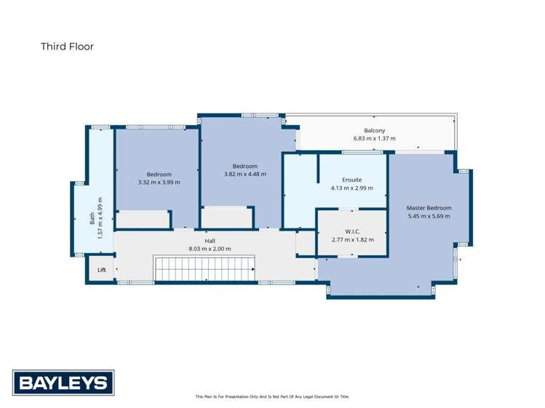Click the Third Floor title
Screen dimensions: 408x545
(x=67, y=47)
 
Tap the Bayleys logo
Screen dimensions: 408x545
(x=63, y=382)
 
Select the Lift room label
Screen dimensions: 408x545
(x=101, y=270)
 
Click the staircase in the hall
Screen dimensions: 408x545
(x=204, y=268)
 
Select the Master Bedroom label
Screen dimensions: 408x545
(x=429, y=208)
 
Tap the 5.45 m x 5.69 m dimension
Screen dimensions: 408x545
(x=429, y=216)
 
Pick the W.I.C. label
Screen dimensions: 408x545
(x=352, y=231)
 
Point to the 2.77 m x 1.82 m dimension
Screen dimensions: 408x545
(x=352, y=239)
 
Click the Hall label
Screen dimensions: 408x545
(x=210, y=241)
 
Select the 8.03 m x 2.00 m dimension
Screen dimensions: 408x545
(x=210, y=249)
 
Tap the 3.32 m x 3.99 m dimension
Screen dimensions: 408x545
(x=159, y=183)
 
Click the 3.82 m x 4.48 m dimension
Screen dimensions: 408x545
(x=245, y=174)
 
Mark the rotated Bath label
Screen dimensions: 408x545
(x=92, y=217)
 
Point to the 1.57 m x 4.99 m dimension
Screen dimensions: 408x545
(x=100, y=217)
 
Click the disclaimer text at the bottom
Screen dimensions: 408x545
(x=272, y=397)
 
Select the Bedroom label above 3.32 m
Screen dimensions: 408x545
(x=159, y=175)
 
